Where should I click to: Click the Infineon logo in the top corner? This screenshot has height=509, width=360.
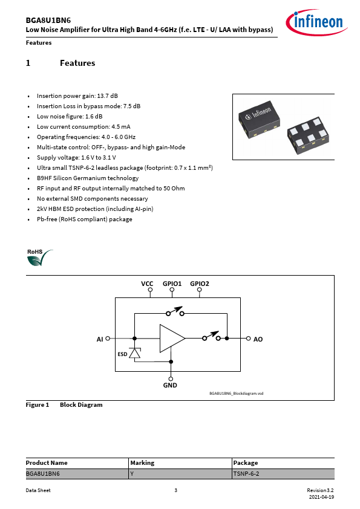[316, 22]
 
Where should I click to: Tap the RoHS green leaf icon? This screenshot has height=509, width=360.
[40, 258]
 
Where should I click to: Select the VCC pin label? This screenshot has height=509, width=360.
[147, 284]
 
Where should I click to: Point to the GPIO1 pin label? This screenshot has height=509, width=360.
[172, 284]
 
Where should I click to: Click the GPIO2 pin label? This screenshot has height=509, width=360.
[200, 284]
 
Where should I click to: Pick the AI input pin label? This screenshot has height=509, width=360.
[100, 339]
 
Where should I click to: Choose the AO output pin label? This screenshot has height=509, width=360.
[258, 339]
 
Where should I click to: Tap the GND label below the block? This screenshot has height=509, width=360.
[170, 385]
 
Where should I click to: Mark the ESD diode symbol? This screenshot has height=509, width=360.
[134, 353]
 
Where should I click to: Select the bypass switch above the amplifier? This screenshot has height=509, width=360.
[175, 312]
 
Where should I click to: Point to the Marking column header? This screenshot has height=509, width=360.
[142, 462]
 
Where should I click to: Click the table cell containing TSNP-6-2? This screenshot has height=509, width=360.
[283, 473]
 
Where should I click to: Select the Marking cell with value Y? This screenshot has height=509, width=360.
[180, 473]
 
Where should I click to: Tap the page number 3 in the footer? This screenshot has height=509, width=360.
[176, 490]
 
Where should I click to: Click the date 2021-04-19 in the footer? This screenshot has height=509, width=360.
[321, 497]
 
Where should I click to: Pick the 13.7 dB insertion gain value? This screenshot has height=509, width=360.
[108, 96]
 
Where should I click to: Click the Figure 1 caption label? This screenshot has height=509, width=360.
[38, 405]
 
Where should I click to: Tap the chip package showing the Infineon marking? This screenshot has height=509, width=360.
[260, 119]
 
